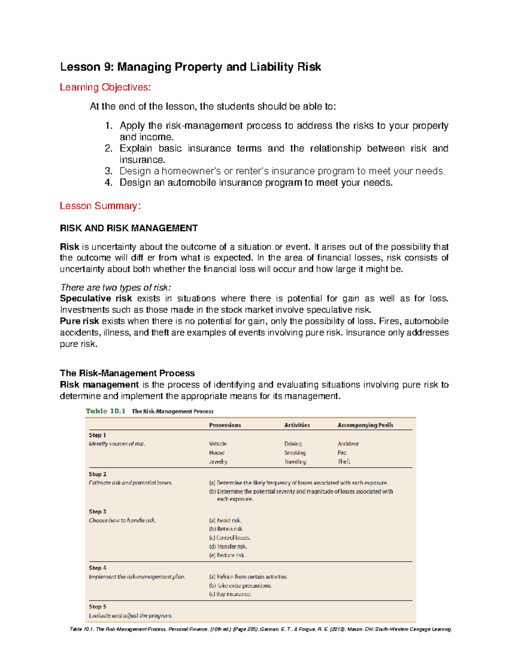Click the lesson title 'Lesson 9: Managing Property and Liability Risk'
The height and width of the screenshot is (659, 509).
point(190,67)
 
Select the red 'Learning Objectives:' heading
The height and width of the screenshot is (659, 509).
point(105,87)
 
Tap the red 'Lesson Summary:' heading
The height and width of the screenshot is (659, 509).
point(100,206)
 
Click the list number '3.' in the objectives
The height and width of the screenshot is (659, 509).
point(109,171)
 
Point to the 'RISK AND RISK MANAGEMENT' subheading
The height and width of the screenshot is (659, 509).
point(129,228)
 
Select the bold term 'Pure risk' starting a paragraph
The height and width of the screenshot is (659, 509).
point(79,321)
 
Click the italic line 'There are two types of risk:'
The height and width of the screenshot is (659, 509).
point(116,287)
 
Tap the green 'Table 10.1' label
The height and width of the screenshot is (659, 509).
point(106,411)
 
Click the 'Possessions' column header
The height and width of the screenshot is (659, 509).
point(225,425)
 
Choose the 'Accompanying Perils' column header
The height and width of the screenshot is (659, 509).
point(365,425)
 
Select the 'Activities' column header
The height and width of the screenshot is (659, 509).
point(297,425)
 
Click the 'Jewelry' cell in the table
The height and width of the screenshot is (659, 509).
point(218,462)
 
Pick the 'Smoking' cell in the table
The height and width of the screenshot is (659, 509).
point(295,453)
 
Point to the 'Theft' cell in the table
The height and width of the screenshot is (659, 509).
point(344,462)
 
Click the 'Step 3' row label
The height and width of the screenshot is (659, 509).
point(98,512)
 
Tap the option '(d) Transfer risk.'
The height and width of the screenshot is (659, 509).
point(228,547)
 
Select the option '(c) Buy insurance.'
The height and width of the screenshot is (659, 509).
point(230,594)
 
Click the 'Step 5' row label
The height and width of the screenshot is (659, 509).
point(98,607)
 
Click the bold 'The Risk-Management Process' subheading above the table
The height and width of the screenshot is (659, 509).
point(127,373)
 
